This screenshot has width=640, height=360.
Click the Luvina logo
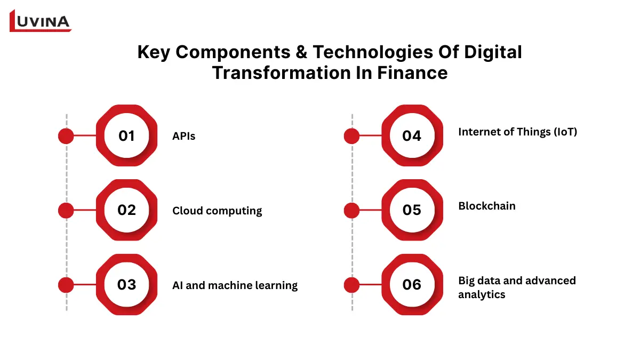point(41,21)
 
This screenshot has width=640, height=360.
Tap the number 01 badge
point(126,136)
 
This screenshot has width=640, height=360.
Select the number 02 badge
point(126,210)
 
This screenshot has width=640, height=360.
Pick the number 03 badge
point(126,285)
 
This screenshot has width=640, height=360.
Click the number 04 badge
point(412,136)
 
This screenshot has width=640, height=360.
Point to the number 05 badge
point(412,210)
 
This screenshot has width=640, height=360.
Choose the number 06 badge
point(412,285)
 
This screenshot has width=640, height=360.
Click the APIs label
point(184,137)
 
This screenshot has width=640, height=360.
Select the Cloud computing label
point(217,211)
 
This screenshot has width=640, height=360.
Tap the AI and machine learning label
point(235,285)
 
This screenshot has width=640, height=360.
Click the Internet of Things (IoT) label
point(517,132)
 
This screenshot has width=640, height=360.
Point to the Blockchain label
point(487,206)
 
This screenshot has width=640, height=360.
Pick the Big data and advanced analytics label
point(517,287)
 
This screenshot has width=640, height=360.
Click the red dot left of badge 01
point(66,136)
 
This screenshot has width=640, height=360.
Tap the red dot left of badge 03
point(66,285)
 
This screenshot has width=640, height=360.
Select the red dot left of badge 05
point(351,210)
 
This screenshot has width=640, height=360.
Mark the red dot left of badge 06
point(351,285)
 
